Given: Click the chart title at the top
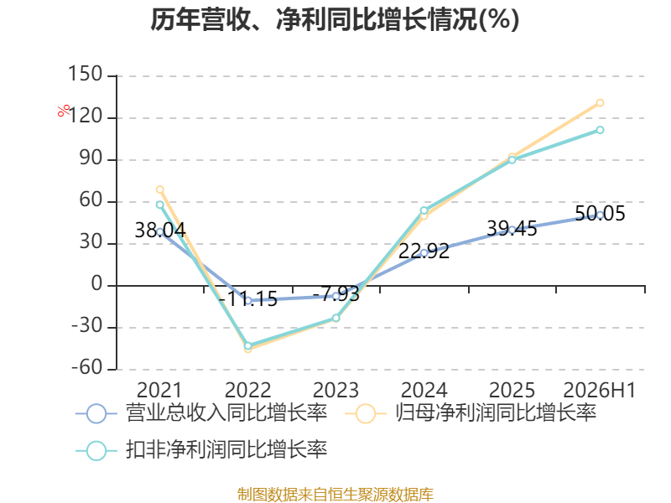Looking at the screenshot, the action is pyautogui.click(x=335, y=19).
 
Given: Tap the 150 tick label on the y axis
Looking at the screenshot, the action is pyautogui.click(x=86, y=74).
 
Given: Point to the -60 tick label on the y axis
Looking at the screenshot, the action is pyautogui.click(x=87, y=368).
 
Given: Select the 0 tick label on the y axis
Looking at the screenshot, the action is pyautogui.click(x=96, y=284).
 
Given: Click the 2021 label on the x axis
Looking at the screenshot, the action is pyautogui.click(x=159, y=390).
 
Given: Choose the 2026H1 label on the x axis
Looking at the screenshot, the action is pyautogui.click(x=600, y=390).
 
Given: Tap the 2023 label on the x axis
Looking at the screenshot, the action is pyautogui.click(x=336, y=390).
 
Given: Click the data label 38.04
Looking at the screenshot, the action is pyautogui.click(x=160, y=230).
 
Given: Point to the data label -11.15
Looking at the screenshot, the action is pyautogui.click(x=248, y=298).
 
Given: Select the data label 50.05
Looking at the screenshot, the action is pyautogui.click(x=600, y=214).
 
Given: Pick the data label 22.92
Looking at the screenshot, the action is pyautogui.click(x=424, y=251).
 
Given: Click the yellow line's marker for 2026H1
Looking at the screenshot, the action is pyautogui.click(x=600, y=102).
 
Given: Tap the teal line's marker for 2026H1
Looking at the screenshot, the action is pyautogui.click(x=600, y=130).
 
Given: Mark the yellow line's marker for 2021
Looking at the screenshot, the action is pyautogui.click(x=160, y=189).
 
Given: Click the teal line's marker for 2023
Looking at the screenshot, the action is pyautogui.click(x=336, y=318).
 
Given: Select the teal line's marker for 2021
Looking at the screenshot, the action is pyautogui.click(x=160, y=205).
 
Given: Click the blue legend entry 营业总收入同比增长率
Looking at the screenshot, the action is pyautogui.click(x=201, y=413).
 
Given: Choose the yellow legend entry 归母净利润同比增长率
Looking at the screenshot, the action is pyautogui.click(x=471, y=413).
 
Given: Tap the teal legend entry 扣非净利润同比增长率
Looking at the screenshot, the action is pyautogui.click(x=201, y=450).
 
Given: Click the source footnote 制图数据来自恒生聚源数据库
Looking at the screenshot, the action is pyautogui.click(x=335, y=495).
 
